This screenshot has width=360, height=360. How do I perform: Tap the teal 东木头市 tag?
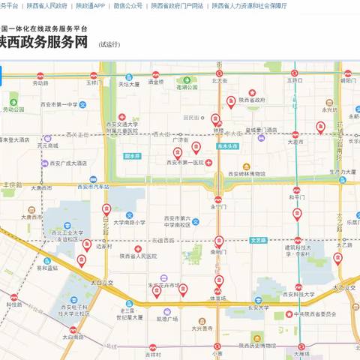[227, 147]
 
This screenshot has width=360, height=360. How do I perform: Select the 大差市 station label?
[295, 141]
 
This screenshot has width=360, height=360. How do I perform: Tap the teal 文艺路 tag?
[258, 240]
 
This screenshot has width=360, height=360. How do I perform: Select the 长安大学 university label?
[258, 307]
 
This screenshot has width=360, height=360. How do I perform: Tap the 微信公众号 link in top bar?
[127, 5]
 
